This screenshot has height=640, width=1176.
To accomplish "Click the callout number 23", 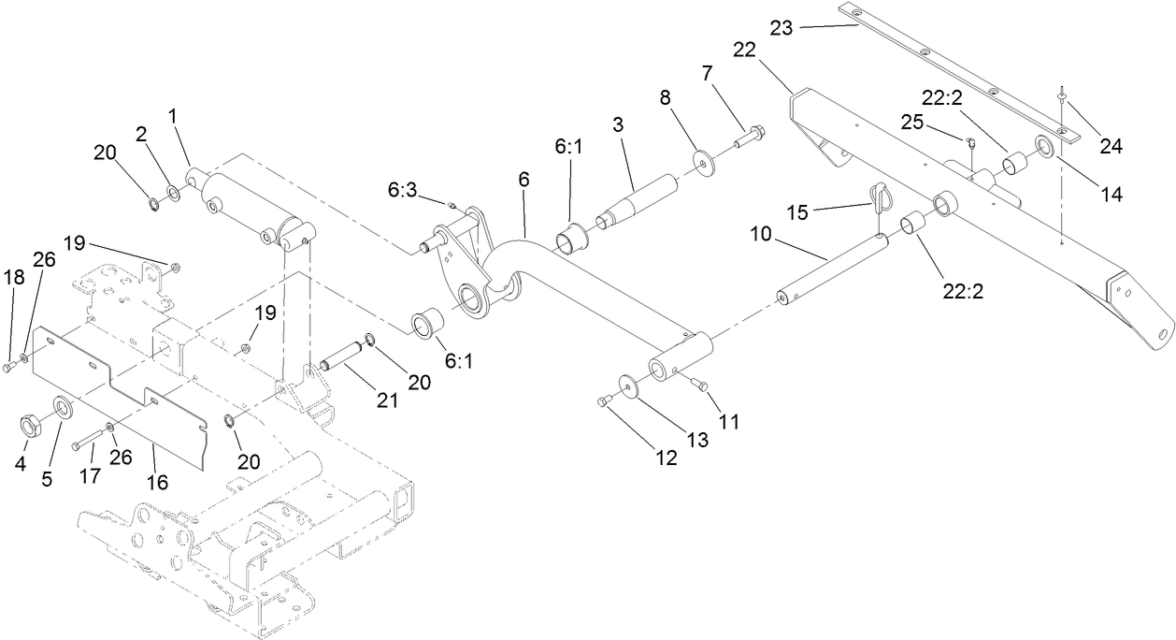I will click(x=781, y=28).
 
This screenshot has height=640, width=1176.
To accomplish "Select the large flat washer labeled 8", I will click(x=701, y=160).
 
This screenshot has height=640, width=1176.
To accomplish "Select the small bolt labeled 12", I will click(x=603, y=401).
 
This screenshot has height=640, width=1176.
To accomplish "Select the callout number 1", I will click(x=172, y=115).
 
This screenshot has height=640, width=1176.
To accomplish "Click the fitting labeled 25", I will click(x=969, y=142).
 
